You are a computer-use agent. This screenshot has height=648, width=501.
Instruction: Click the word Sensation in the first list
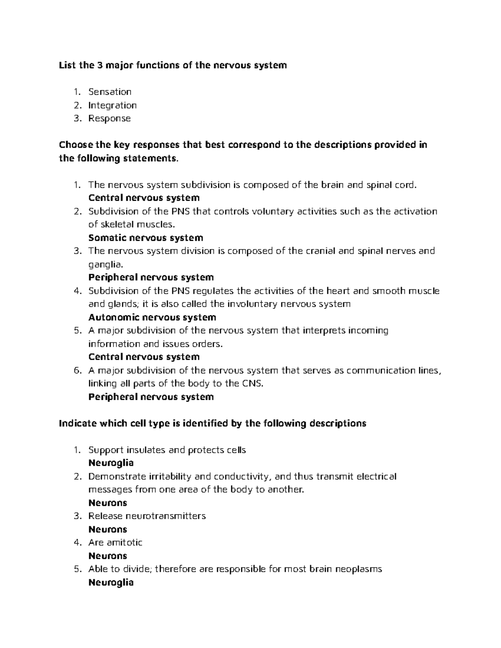110,92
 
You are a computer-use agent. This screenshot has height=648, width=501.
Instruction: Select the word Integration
112,105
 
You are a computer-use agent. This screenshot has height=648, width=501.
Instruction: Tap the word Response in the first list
109,119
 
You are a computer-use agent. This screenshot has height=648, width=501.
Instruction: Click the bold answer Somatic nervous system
146,238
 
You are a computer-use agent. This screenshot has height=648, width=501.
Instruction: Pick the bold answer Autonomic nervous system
152,318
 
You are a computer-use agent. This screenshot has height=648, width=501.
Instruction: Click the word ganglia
105,265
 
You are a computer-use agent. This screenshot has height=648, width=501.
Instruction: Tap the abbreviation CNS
252,383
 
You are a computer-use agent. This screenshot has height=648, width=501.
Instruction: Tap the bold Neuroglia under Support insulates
111,463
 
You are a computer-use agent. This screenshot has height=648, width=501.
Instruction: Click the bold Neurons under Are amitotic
108,556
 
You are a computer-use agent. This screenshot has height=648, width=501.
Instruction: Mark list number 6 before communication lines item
76,371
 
